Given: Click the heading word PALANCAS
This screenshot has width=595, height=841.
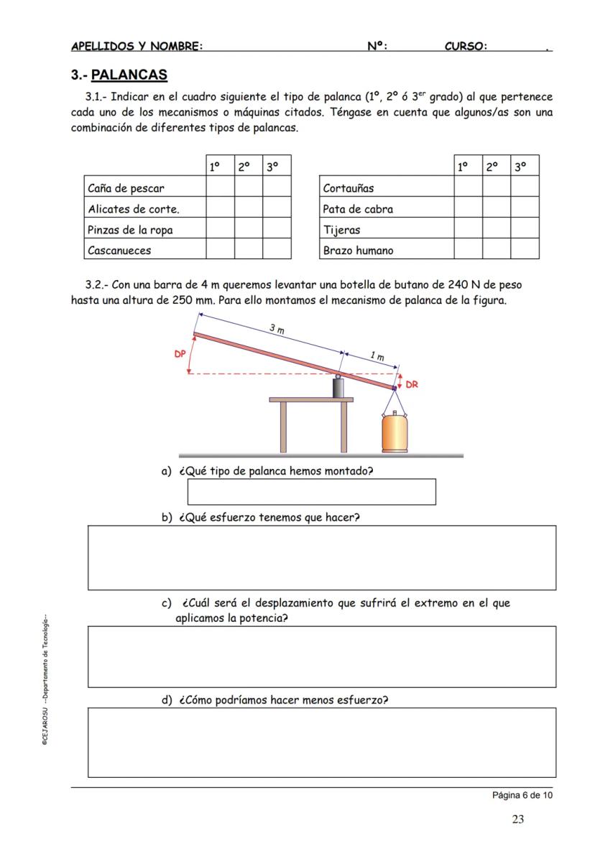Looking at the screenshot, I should (x=129, y=75).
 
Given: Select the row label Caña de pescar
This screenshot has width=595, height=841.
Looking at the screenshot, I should (x=126, y=188).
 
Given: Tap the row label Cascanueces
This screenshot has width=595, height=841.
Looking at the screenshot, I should (x=119, y=251).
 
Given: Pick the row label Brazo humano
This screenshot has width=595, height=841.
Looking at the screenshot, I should (x=358, y=251).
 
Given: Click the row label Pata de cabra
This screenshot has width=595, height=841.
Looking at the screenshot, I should (x=358, y=209).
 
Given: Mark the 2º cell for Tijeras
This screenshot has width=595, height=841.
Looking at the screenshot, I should (x=497, y=230).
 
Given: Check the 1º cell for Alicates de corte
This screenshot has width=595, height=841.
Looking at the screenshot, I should (x=220, y=209).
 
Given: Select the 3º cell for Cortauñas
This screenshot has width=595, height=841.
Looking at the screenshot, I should (x=525, y=188).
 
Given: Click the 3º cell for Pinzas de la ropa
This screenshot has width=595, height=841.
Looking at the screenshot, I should (x=277, y=230).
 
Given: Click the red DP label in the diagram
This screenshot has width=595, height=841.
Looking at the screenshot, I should (x=180, y=354).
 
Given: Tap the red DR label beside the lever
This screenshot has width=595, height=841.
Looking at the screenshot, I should (x=412, y=384).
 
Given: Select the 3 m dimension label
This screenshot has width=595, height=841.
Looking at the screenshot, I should (x=277, y=329).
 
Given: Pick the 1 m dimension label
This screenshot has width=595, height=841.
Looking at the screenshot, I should (x=376, y=356).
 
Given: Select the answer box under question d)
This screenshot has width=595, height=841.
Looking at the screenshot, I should (x=321, y=742).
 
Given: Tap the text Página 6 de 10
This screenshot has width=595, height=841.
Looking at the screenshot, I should (x=522, y=795).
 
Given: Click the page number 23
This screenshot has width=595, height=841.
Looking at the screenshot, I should (x=517, y=819).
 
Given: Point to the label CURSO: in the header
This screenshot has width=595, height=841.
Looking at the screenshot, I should (x=466, y=47).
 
